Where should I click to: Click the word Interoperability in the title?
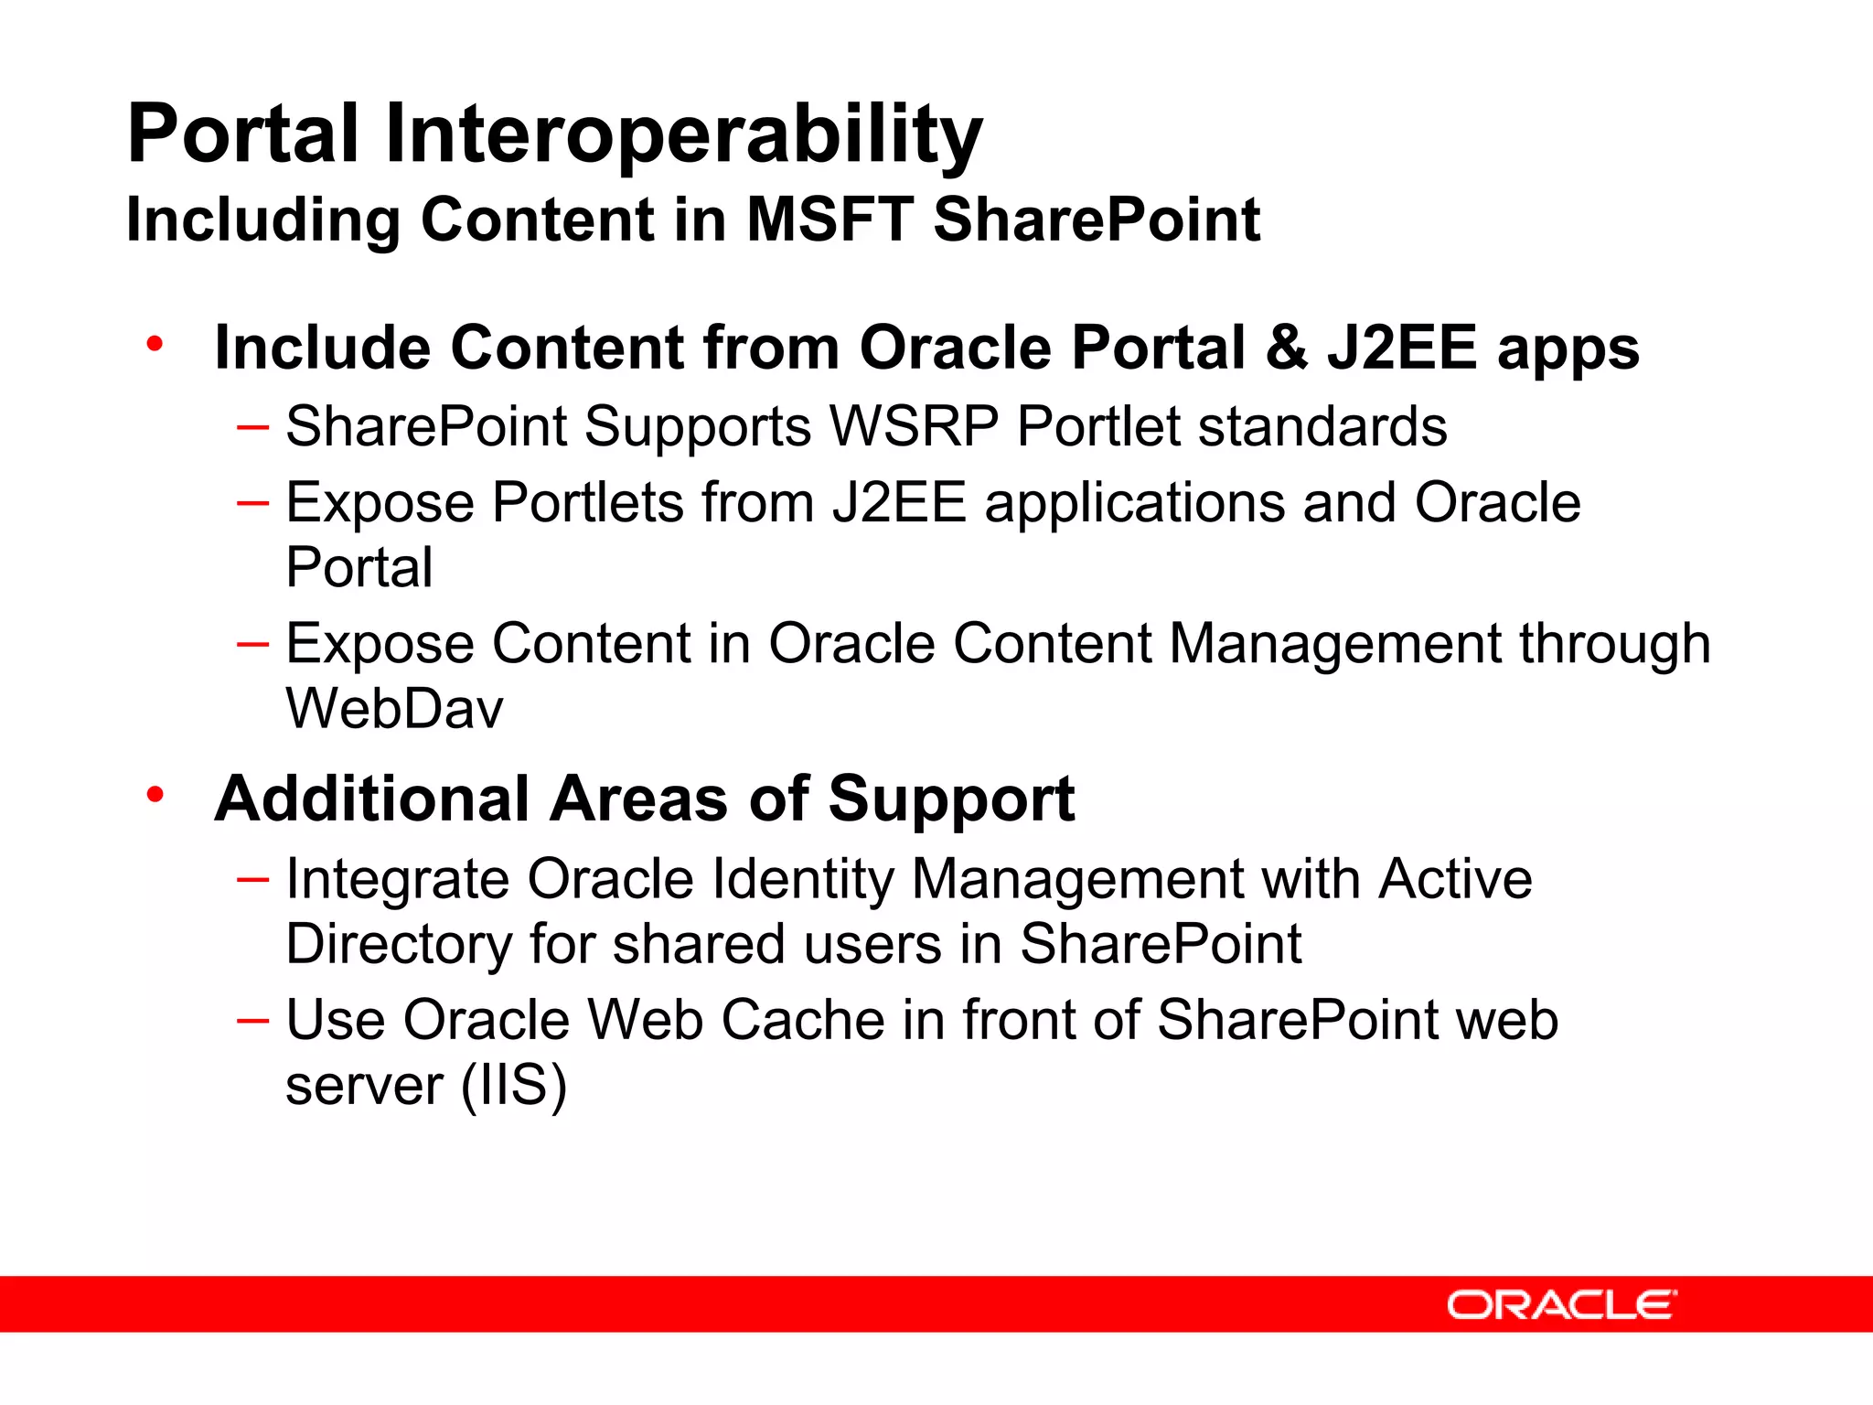pos(683,135)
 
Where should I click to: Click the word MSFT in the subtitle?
pos(829,220)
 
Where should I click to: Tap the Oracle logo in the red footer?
pos(1561,1304)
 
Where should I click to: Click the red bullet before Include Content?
pos(155,345)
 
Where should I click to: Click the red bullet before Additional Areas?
pos(155,795)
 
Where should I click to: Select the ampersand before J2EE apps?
pos(1286,349)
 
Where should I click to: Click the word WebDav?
pos(394,709)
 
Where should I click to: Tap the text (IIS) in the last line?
pos(514,1085)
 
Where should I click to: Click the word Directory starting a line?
pos(398,945)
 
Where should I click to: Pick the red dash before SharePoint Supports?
pos(252,427)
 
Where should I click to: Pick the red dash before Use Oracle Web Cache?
pos(252,1020)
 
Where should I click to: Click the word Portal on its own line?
pos(359,568)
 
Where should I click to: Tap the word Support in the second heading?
pos(951,799)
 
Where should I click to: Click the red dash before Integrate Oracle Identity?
pos(252,880)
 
